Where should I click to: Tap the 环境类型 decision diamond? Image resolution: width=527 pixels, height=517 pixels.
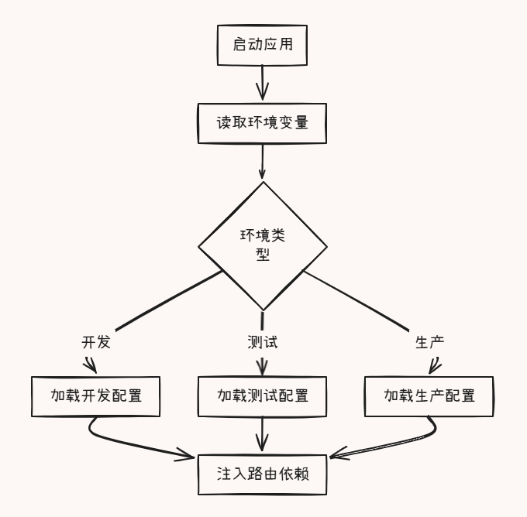263,245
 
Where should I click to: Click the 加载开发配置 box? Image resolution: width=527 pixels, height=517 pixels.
96,396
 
